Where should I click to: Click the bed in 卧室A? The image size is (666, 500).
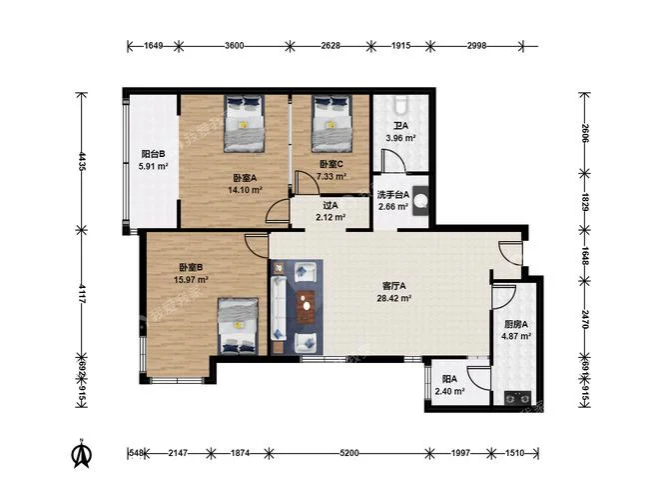(245, 123)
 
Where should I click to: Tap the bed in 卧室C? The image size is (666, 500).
(332, 123)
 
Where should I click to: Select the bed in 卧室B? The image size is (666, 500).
(239, 326)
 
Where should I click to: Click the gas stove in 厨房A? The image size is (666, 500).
(518, 398)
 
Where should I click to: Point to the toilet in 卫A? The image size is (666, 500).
(401, 105)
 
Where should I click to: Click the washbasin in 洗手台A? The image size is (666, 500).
(421, 201)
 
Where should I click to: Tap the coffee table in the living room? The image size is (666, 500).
(306, 306)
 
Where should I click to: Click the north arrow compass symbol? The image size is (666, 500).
(81, 454)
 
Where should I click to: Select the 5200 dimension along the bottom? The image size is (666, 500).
(349, 454)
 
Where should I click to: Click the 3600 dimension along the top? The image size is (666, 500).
(235, 46)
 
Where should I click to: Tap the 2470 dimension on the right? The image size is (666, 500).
(585, 319)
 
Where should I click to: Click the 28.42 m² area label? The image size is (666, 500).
(393, 298)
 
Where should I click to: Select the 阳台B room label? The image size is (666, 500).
(154, 154)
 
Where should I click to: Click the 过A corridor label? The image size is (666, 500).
(331, 205)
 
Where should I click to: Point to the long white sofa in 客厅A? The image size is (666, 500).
(279, 308)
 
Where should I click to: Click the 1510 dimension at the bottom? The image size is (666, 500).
(515, 454)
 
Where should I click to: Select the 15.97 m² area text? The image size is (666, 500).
(191, 280)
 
